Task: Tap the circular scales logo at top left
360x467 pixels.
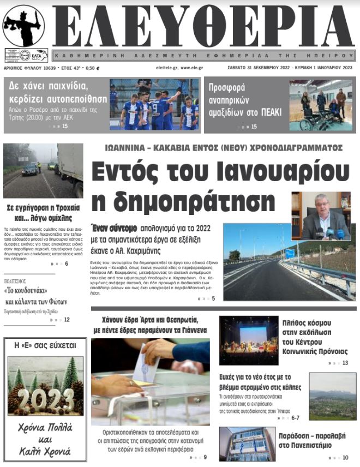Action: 23,26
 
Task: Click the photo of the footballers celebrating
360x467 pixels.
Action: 154,105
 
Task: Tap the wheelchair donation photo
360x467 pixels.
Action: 321,105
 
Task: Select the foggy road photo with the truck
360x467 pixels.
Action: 43,170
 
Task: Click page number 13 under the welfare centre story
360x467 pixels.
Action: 345,363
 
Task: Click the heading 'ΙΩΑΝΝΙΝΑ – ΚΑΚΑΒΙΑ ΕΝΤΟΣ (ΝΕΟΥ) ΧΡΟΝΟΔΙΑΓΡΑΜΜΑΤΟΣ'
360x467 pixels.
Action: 224,148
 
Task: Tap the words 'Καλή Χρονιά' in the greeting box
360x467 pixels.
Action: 45,452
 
